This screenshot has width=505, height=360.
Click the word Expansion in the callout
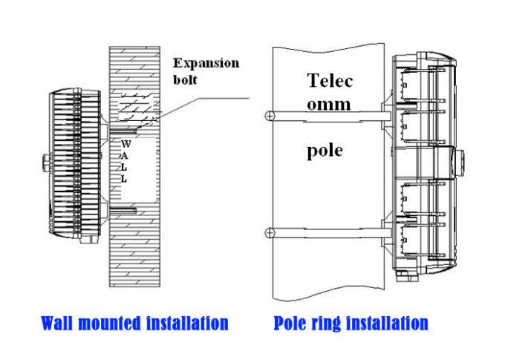point(206,63)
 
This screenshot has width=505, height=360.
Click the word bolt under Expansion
point(186,79)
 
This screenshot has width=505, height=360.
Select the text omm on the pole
point(329,105)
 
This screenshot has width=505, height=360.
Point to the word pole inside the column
point(325,151)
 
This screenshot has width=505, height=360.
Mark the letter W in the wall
point(125,143)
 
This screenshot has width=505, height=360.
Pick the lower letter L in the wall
point(125,179)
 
